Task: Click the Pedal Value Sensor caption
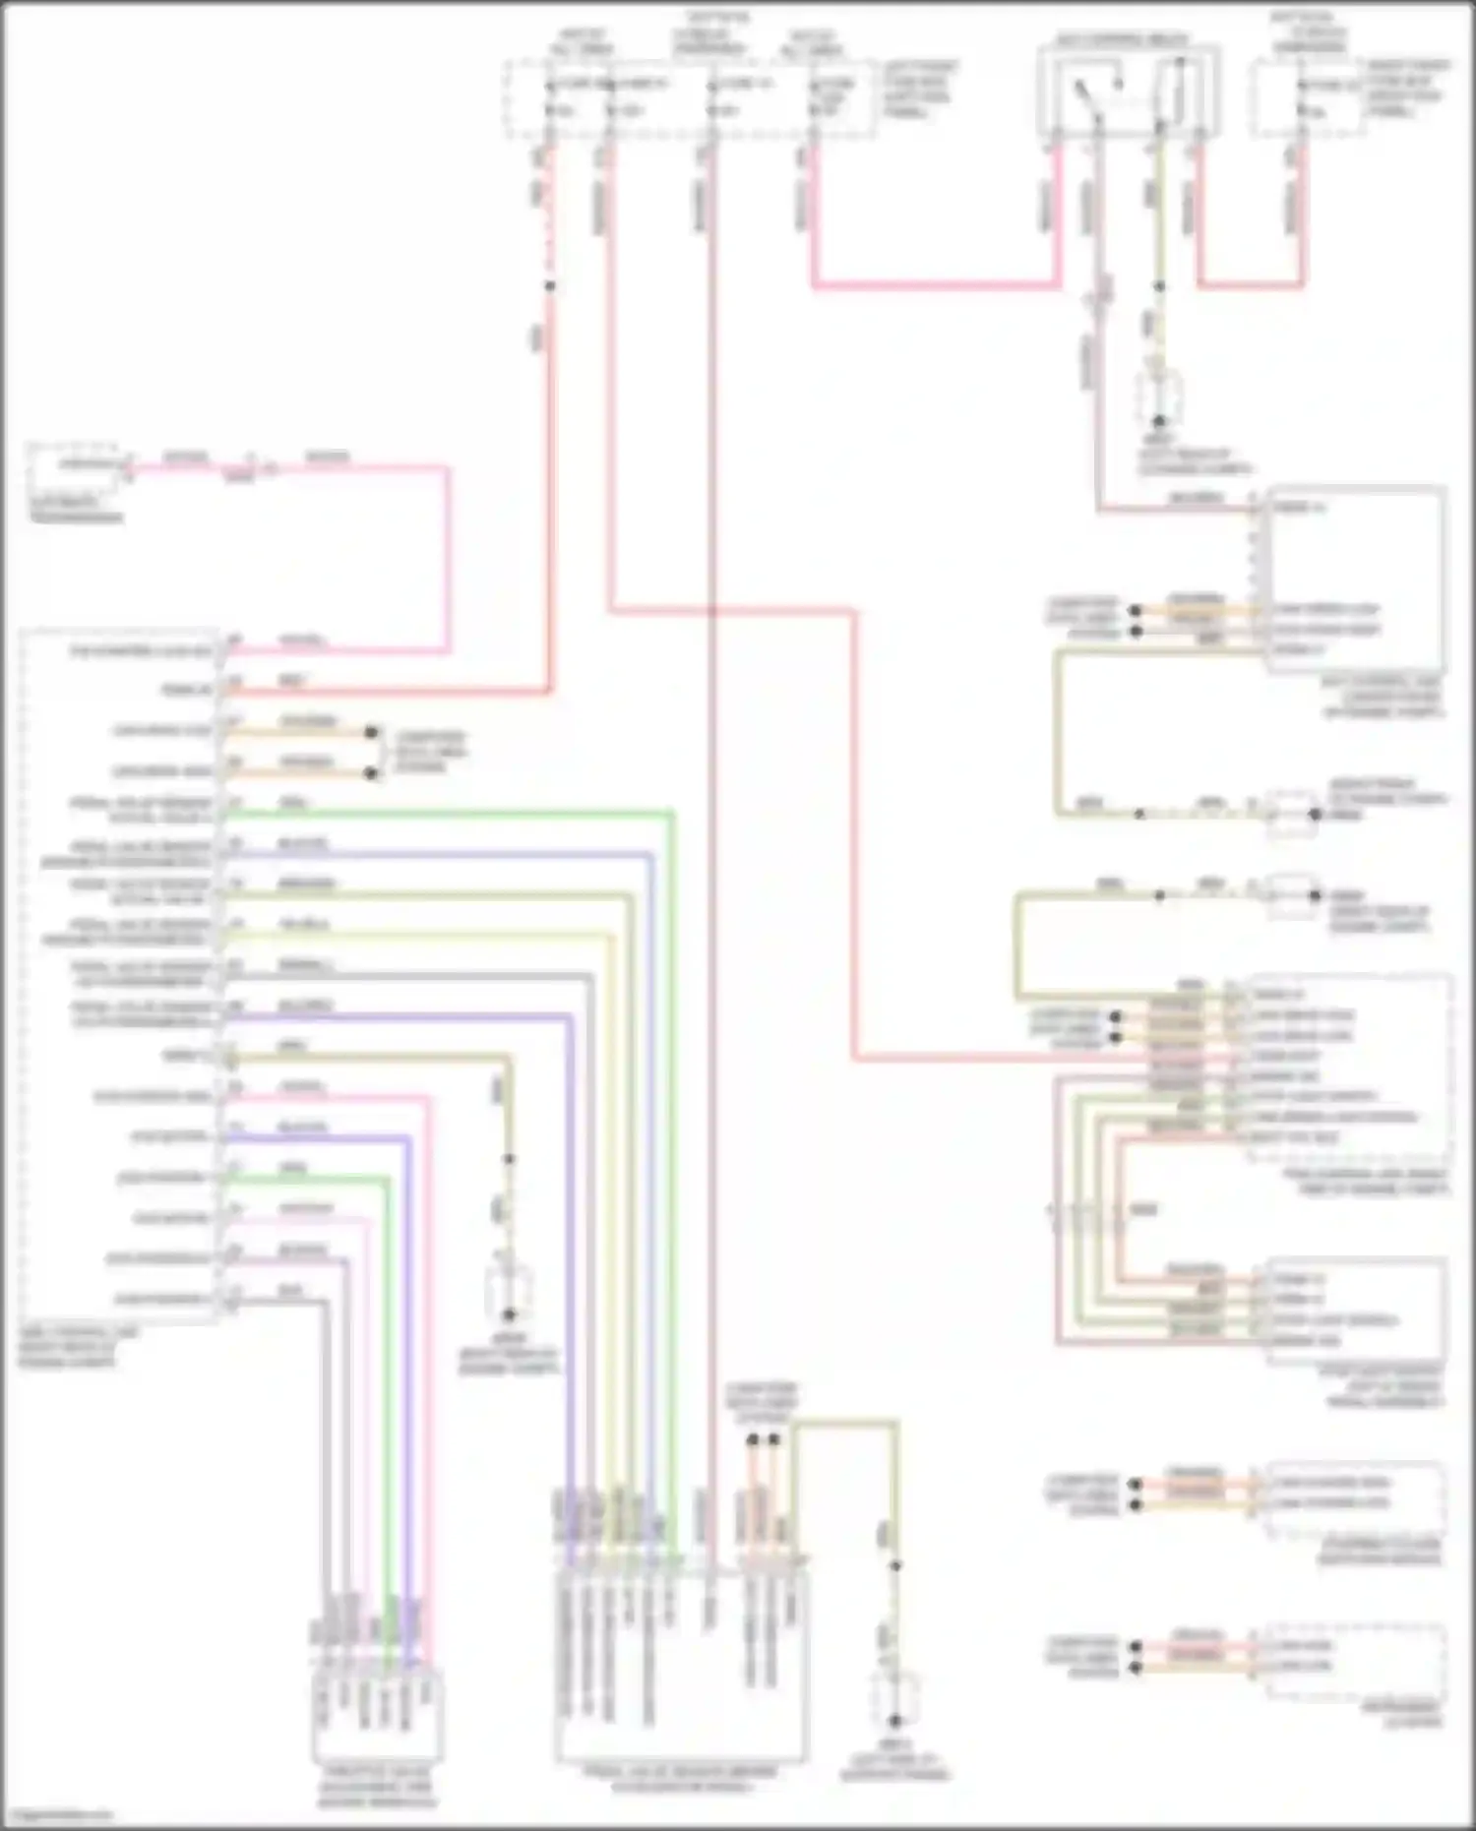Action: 681,1777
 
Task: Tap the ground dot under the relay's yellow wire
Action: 1159,420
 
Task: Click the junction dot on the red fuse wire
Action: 549,286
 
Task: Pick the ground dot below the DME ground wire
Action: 509,1314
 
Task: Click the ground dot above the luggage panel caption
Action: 894,1721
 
